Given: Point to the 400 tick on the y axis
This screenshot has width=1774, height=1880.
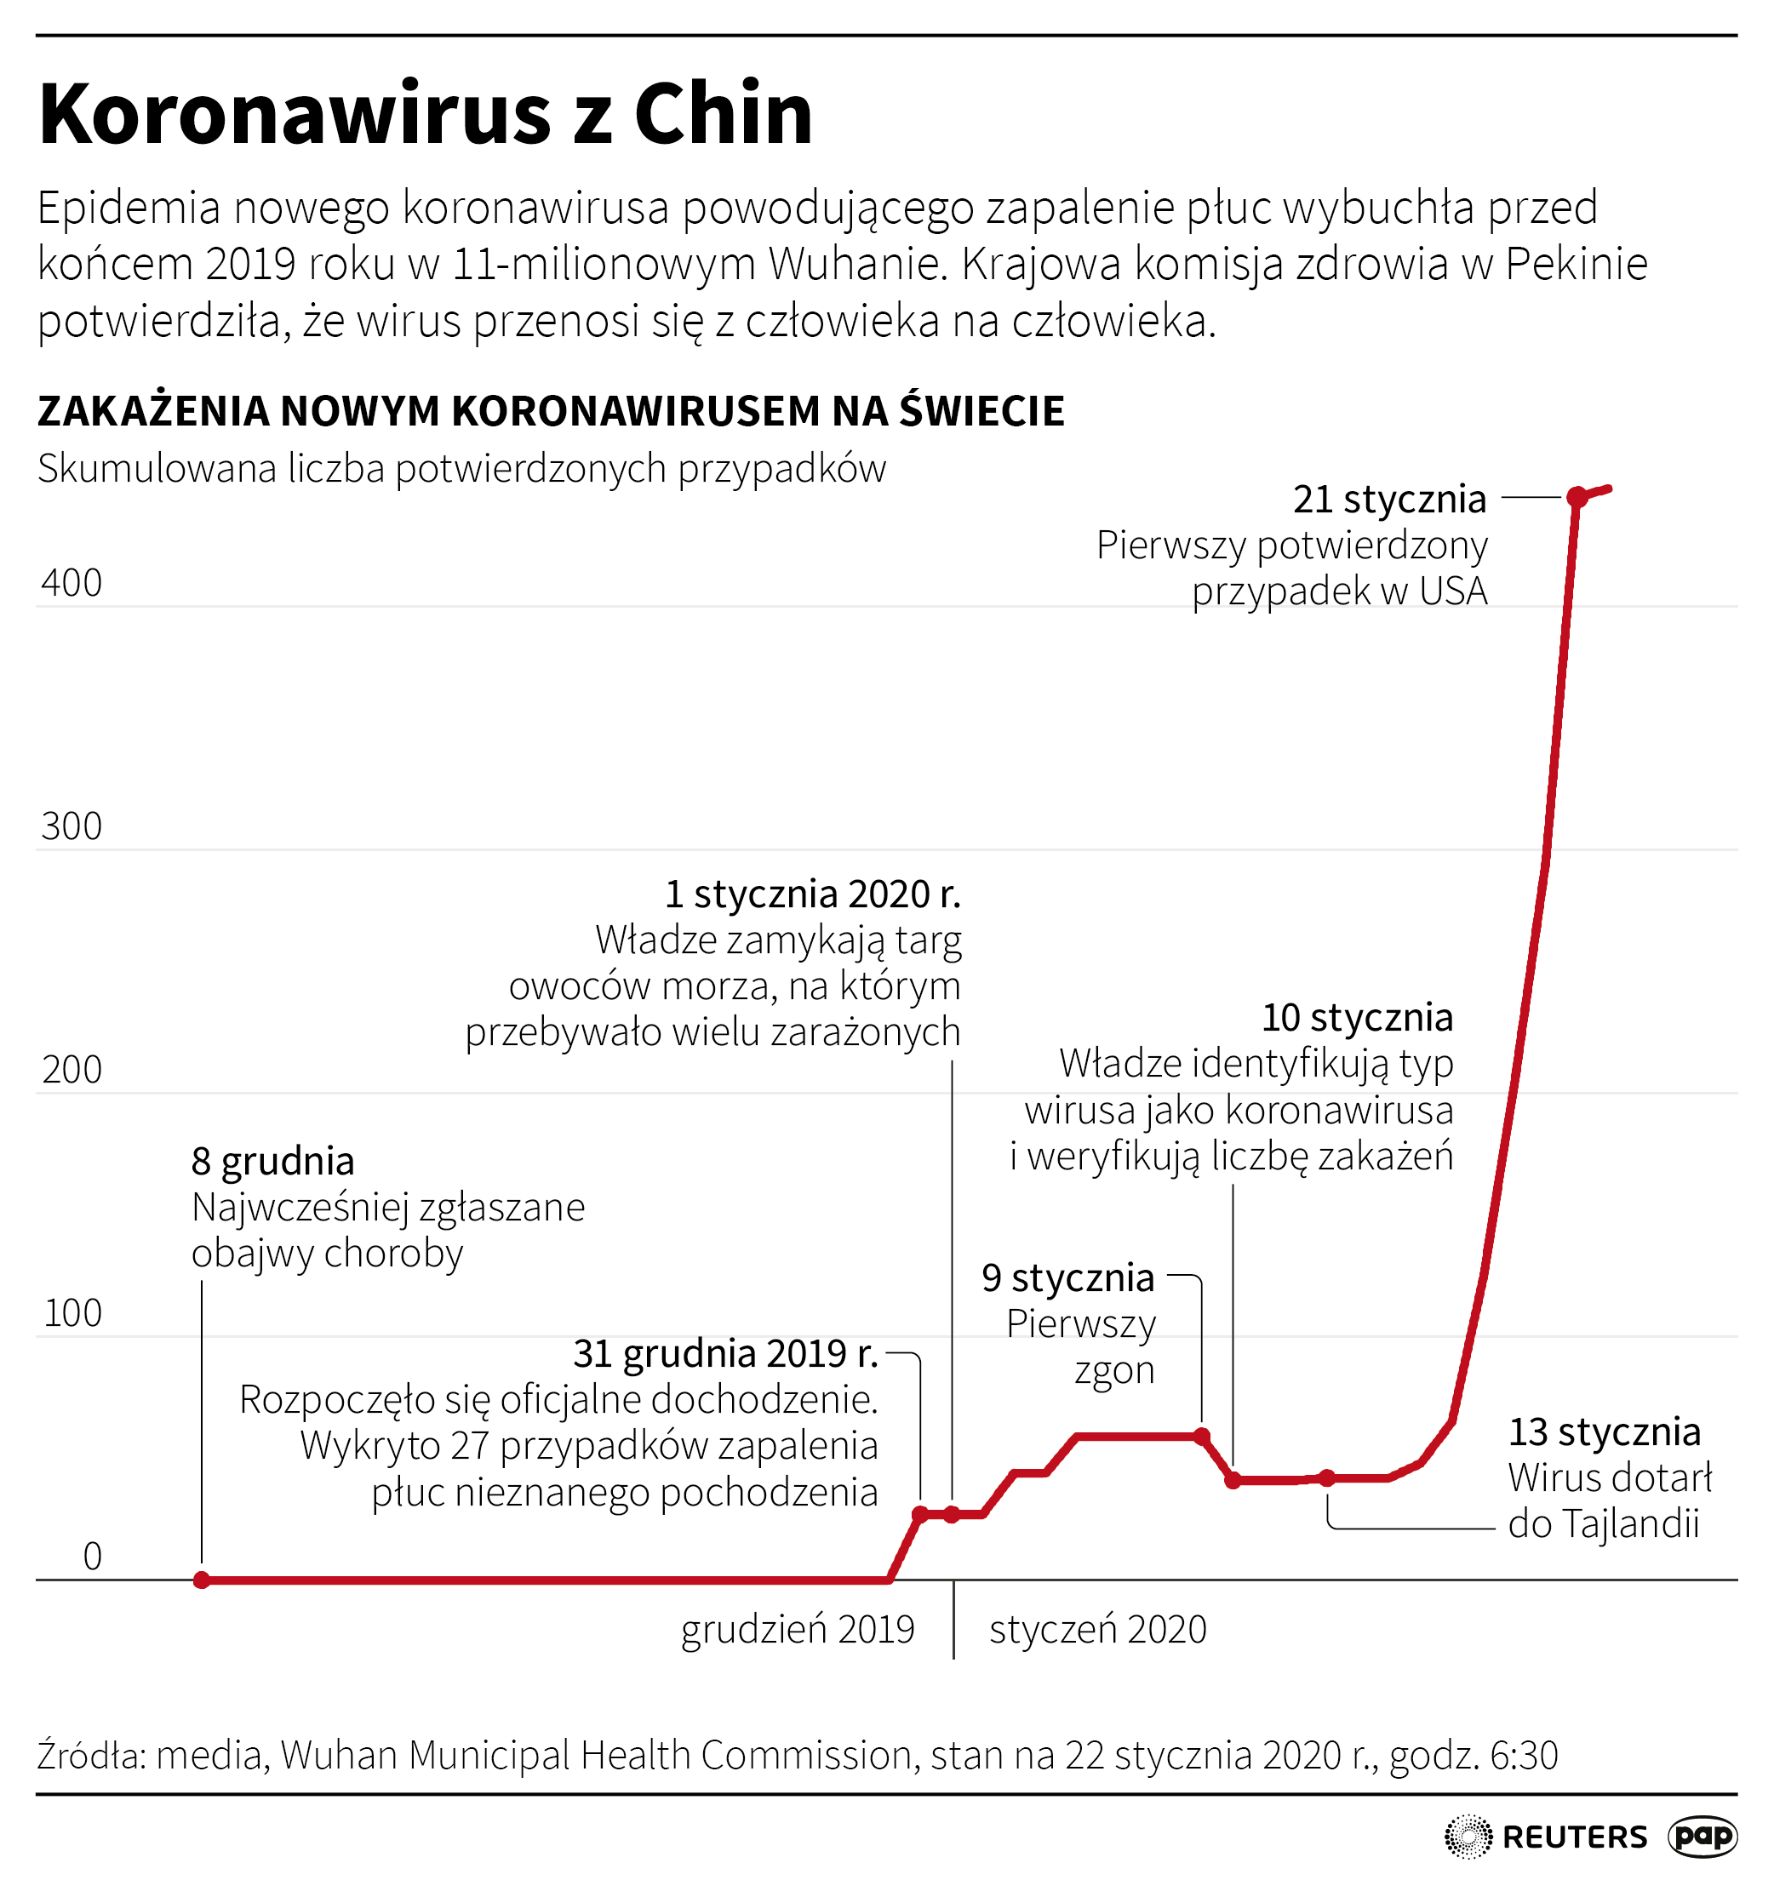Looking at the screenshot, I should (x=72, y=584).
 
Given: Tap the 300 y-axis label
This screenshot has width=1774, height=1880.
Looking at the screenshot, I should (x=72, y=827).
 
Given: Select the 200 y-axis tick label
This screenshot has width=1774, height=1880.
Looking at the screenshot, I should (x=72, y=1071).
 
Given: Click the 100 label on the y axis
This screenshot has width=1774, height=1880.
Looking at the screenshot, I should (x=72, y=1313).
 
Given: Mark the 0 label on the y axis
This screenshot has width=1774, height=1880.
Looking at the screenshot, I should (x=92, y=1557).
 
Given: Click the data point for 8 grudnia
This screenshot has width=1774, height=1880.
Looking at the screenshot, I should (x=202, y=1580).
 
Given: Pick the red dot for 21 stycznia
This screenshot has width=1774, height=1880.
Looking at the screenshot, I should (x=1577, y=497).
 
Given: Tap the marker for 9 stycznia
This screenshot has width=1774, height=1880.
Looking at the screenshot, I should (x=1202, y=1437).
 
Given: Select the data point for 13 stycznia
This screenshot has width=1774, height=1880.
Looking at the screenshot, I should (x=1328, y=1478).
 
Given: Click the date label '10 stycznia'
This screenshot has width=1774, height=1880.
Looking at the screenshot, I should (x=1357, y=1019).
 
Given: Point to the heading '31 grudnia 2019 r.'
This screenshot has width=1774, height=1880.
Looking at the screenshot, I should (x=725, y=1354).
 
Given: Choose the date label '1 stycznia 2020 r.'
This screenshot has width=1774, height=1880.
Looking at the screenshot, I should (x=812, y=894).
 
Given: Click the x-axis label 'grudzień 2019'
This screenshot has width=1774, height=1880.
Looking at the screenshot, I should (x=797, y=1631).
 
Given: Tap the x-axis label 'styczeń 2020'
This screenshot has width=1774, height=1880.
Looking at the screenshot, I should (x=1098, y=1631).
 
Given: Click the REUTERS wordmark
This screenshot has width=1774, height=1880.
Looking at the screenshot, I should (x=1575, y=1837).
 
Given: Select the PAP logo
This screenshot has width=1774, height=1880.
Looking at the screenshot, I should (x=1703, y=1837).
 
